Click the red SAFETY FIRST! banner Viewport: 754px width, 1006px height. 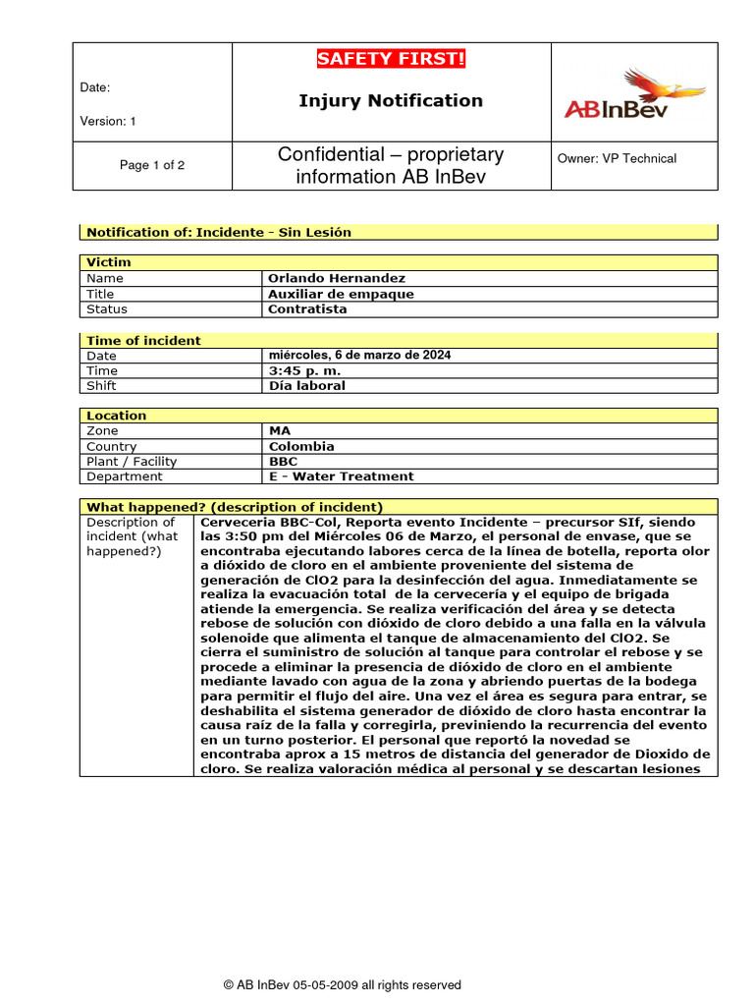pos(391,59)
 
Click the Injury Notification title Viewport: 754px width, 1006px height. pos(391,100)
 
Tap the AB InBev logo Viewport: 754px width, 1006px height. pos(633,94)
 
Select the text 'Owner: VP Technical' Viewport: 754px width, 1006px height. pos(617,158)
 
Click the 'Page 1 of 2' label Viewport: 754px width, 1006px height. pos(152,165)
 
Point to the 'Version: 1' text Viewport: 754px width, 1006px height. pos(108,121)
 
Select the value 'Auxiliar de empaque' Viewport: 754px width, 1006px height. pos(341,294)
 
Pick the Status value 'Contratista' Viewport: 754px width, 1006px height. pos(307,308)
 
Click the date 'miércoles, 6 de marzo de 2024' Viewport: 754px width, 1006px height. pos(359,355)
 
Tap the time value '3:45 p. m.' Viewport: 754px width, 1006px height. pos(304,370)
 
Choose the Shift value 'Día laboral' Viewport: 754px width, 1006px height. pos(306,386)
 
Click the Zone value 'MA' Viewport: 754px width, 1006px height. pos(280,430)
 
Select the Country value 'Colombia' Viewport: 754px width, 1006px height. pos(300,446)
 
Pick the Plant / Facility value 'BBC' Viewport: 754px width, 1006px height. pos(283,461)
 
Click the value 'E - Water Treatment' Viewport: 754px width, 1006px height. pos(341,476)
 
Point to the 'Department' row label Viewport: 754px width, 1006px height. pos(125,476)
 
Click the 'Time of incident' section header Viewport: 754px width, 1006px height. pos(143,341)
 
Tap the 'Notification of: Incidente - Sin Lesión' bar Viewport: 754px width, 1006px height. pos(219,232)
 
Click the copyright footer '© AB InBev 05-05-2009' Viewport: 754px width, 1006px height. pos(342,984)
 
